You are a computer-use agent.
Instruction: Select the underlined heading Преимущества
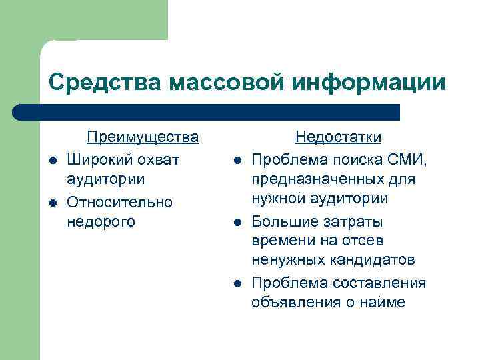click(143, 137)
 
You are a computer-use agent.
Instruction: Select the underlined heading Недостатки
click(338, 137)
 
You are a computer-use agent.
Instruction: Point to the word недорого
click(101, 221)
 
